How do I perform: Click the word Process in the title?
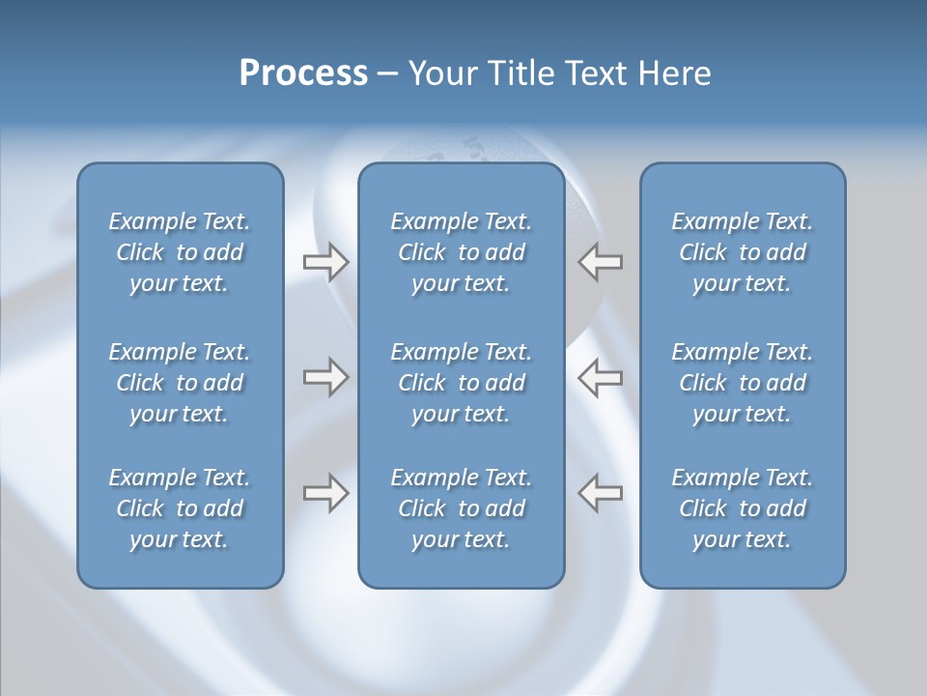click(x=303, y=73)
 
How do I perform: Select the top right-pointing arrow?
click(x=325, y=262)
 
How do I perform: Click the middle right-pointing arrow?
click(x=325, y=377)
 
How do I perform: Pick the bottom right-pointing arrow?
click(x=325, y=492)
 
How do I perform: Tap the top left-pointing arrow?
click(x=601, y=262)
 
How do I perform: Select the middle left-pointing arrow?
click(x=601, y=377)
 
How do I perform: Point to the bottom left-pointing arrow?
click(x=601, y=492)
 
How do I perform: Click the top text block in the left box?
click(x=180, y=252)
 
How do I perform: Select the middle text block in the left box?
click(x=180, y=383)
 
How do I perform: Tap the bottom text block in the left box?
click(x=180, y=508)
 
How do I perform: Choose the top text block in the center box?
click(x=461, y=252)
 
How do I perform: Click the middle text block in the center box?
click(x=461, y=383)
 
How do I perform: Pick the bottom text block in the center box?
click(x=461, y=508)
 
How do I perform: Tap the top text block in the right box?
click(x=742, y=252)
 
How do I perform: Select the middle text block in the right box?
click(x=742, y=383)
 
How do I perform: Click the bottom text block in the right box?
click(x=742, y=508)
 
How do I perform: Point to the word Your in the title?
click(x=444, y=73)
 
